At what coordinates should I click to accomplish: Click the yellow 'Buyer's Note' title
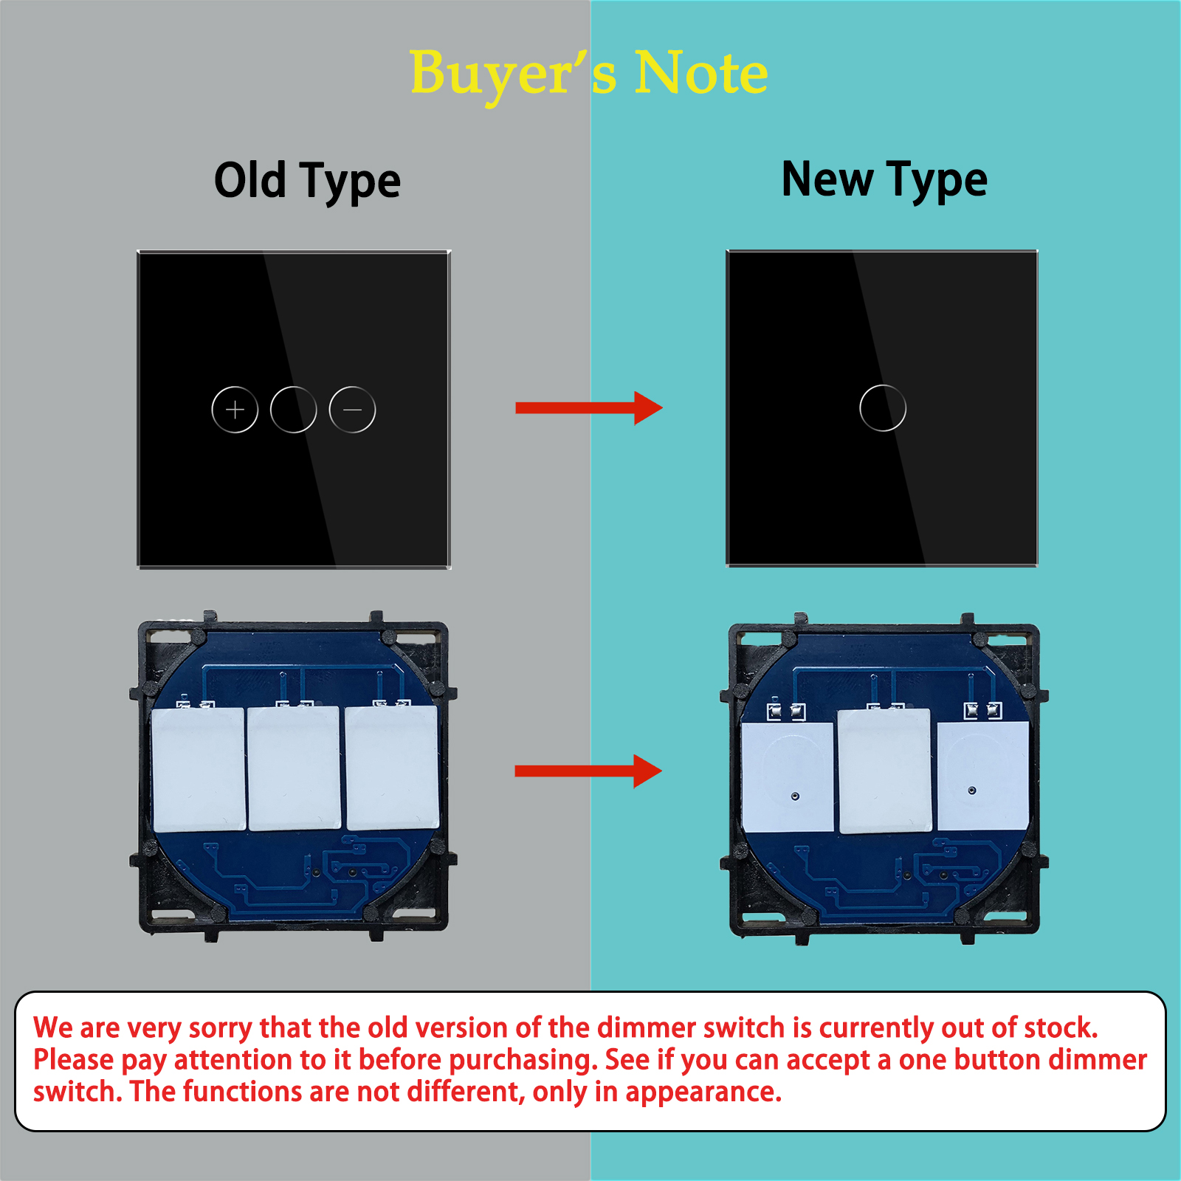point(589,74)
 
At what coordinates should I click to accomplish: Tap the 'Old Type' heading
point(307,181)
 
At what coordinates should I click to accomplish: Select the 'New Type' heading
point(884,180)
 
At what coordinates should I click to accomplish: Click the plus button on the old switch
point(235,410)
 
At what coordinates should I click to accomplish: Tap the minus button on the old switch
point(352,410)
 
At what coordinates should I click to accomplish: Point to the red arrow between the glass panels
point(589,408)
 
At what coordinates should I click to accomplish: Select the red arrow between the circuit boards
point(588,771)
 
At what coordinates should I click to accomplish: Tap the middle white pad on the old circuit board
point(294,768)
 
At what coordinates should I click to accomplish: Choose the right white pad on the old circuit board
point(392,768)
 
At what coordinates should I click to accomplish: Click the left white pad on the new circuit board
point(788,777)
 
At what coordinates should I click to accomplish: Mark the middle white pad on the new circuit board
point(885,771)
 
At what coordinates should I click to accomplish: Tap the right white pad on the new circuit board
point(983,777)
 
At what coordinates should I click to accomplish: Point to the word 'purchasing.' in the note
point(523,1061)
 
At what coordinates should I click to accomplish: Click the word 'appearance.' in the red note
point(703,1092)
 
